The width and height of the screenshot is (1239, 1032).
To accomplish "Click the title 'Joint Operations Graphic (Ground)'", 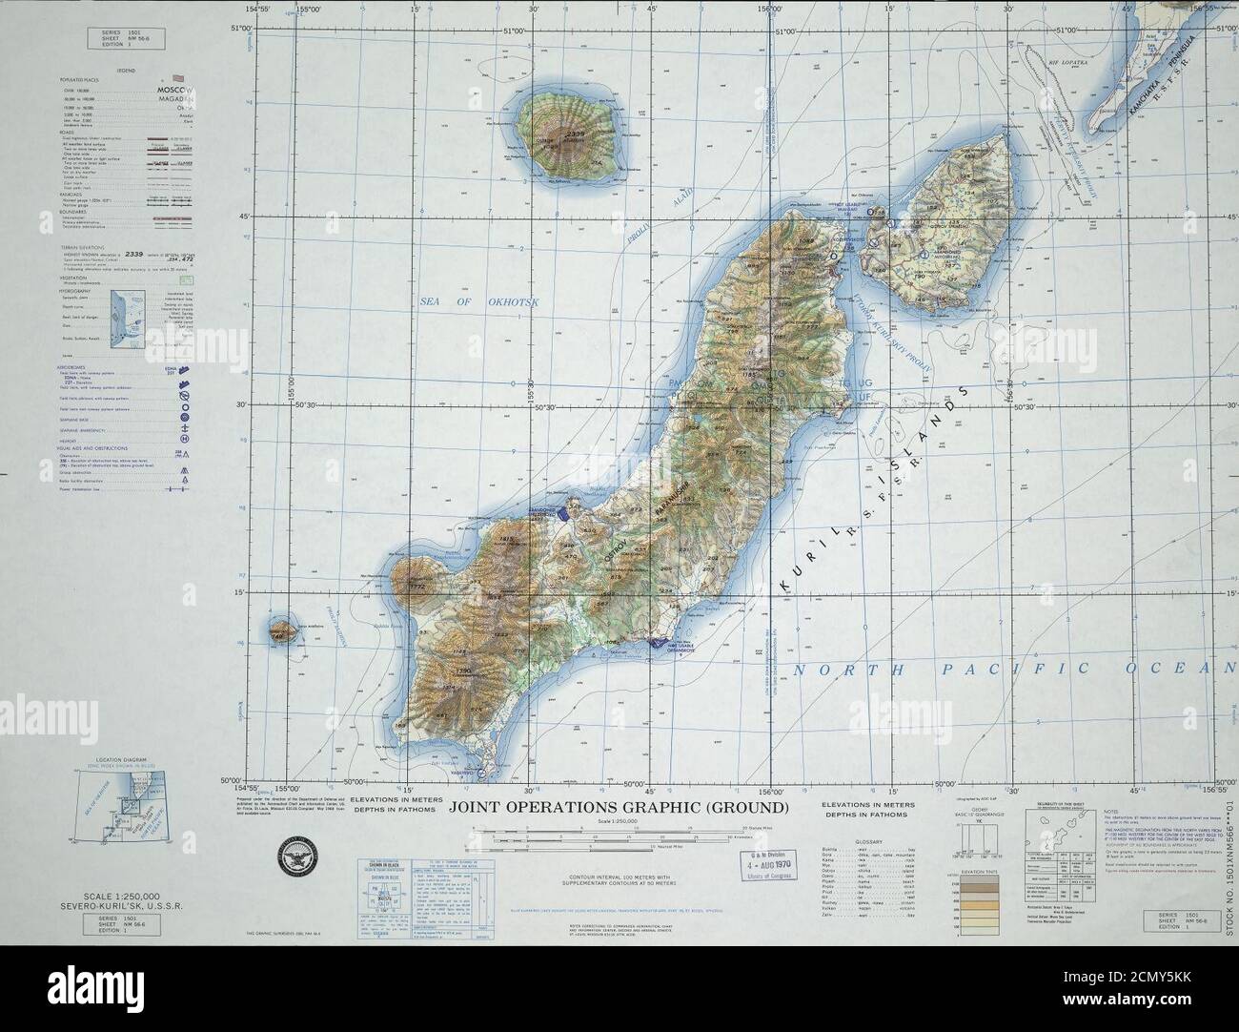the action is click(x=619, y=808).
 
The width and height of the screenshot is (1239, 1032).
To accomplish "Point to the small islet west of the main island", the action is click(x=280, y=630).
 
